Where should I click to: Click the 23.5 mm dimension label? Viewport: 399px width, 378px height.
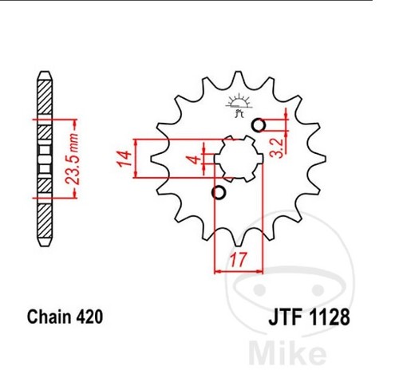(x=72, y=159)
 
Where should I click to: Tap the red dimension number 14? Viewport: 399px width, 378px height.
(x=125, y=159)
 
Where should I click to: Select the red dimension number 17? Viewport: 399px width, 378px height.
(x=238, y=259)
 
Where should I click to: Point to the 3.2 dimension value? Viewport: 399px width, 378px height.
(x=278, y=148)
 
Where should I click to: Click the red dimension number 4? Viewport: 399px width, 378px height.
(x=196, y=159)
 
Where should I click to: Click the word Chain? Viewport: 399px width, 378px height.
(x=49, y=317)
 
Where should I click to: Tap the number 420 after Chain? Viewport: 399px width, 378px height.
(x=89, y=317)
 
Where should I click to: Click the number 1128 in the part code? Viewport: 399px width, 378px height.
(x=330, y=317)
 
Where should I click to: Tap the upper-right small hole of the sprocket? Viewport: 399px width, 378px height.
(x=259, y=125)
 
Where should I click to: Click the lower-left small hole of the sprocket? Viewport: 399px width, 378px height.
(x=219, y=192)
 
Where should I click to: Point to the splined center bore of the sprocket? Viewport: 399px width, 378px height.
(x=239, y=159)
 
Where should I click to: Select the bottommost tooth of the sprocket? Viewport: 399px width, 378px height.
(x=239, y=241)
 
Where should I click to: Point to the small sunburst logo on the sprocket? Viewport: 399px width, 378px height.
(x=239, y=105)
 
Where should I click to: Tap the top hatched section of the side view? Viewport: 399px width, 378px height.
(x=45, y=97)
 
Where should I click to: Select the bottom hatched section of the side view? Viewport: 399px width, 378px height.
(x=45, y=221)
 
